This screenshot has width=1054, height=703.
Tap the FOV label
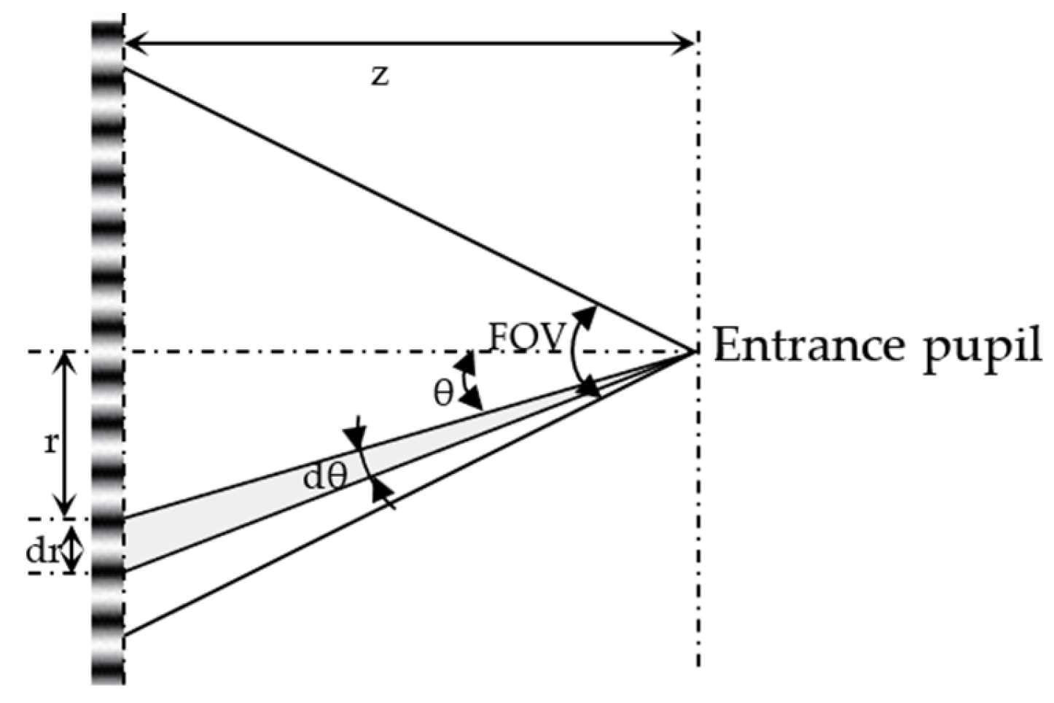(527, 336)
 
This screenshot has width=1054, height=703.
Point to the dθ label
(325, 478)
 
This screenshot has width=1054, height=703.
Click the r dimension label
(50, 443)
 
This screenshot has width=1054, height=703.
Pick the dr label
(42, 551)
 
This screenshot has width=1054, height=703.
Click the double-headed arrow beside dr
(71, 550)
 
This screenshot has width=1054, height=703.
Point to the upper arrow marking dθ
(356, 435)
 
